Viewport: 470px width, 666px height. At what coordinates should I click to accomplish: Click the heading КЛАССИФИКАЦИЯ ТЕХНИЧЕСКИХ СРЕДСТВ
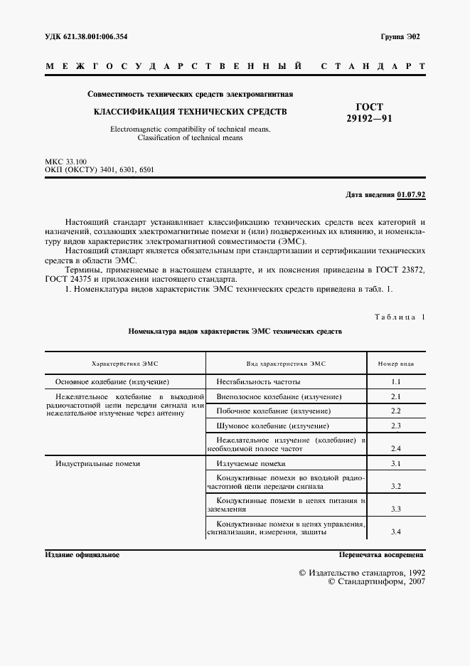pos(191,112)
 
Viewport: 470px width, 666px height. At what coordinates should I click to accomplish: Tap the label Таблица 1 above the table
pos(399,316)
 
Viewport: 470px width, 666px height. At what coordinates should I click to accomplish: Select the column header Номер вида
pos(396,364)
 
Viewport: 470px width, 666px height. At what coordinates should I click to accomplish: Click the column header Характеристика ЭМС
pos(124,364)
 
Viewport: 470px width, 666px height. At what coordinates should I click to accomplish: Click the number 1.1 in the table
pos(396,382)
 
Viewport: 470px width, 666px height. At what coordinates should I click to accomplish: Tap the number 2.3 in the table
pos(396,426)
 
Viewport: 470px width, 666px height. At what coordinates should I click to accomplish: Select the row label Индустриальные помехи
pos(97,463)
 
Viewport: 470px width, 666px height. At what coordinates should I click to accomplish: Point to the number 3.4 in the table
pos(396,532)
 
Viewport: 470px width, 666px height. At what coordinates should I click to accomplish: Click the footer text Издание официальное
pos(82,554)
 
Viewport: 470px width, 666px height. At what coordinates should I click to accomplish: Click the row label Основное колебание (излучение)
pos(112,382)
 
